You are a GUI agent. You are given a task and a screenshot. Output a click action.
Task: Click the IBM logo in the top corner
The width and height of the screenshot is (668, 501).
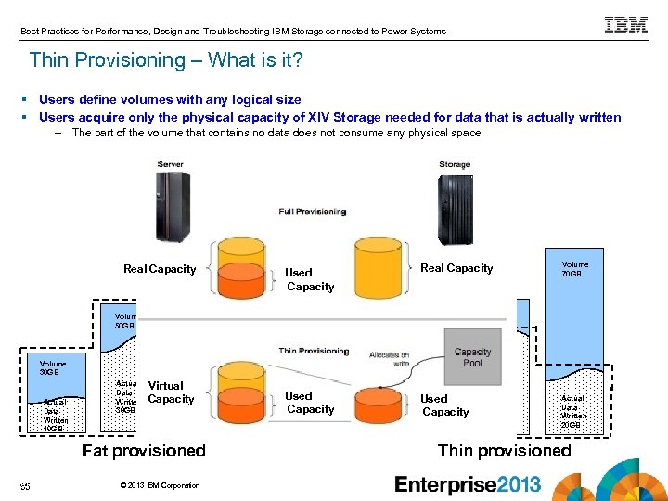(x=626, y=26)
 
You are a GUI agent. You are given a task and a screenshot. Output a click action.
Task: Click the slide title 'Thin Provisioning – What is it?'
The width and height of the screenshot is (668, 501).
(x=166, y=60)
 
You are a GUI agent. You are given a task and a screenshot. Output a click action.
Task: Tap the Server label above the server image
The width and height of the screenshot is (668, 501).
(x=170, y=164)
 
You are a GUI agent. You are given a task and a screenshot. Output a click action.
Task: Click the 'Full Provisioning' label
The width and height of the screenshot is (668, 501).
(x=313, y=212)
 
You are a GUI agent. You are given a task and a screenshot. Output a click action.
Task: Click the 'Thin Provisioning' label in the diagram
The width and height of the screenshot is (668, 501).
(x=314, y=351)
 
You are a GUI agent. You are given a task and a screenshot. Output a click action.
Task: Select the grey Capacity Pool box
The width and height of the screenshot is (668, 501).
(x=472, y=358)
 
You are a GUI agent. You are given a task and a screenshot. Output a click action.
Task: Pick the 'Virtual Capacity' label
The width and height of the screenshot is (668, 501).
(x=171, y=392)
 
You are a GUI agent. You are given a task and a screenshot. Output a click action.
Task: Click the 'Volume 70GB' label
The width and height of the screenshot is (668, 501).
(x=574, y=269)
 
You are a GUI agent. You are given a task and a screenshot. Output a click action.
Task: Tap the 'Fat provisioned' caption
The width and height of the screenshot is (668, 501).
(x=144, y=451)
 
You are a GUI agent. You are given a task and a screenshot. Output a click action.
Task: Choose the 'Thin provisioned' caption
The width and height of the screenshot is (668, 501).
(x=504, y=451)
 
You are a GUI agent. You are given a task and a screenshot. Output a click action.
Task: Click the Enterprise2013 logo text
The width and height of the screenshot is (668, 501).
(x=468, y=484)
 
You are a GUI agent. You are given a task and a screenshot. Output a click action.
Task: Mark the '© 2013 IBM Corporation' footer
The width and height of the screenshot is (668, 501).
(x=161, y=485)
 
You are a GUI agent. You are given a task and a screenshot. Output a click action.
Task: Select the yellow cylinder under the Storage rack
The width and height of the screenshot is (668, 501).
(x=379, y=268)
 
